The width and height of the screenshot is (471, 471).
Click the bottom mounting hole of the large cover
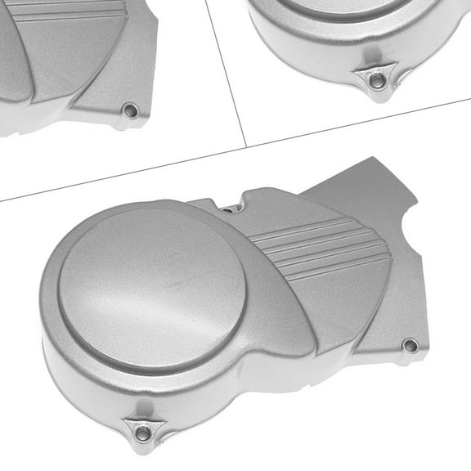tap(143, 432)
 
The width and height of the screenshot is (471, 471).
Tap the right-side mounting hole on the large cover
tap(410, 345)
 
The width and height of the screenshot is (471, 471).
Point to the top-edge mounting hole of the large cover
tap(228, 209)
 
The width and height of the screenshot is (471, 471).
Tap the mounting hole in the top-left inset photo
tap(129, 110)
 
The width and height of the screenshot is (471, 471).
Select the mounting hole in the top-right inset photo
tap(375, 80)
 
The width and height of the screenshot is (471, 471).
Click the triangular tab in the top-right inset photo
tap(375, 80)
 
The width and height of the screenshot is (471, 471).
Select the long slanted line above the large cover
tap(123, 173)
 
